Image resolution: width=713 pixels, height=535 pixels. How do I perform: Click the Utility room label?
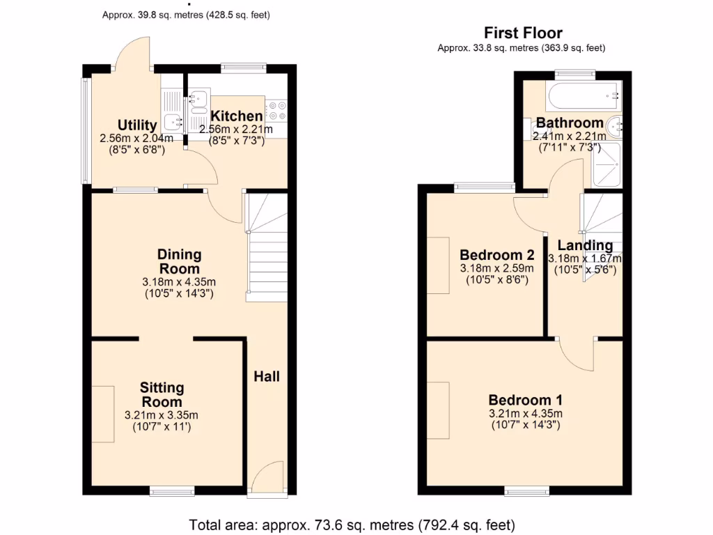click(x=136, y=125)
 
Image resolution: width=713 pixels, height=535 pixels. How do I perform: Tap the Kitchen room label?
click(x=237, y=116)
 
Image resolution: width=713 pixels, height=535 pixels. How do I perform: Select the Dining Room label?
click(x=179, y=262)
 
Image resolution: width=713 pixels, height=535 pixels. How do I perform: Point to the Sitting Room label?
click(x=162, y=394)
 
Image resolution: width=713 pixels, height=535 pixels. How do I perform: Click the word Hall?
click(x=267, y=376)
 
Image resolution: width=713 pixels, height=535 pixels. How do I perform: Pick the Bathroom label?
click(x=570, y=123)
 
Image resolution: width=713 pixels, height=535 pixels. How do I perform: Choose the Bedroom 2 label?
click(x=497, y=255)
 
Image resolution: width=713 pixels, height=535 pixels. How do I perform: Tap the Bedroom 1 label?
click(x=526, y=401)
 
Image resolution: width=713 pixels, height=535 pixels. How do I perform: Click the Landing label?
click(x=585, y=245)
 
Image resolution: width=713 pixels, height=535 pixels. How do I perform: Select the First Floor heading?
click(x=523, y=33)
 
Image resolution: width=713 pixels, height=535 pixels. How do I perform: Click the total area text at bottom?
click(x=352, y=524)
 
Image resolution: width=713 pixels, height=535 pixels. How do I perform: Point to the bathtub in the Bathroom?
click(x=583, y=95)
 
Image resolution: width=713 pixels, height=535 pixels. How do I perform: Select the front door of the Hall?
click(x=267, y=481)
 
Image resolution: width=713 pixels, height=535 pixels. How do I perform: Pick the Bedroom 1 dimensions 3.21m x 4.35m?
click(x=526, y=419)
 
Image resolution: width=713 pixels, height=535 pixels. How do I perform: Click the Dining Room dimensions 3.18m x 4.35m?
click(x=179, y=288)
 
